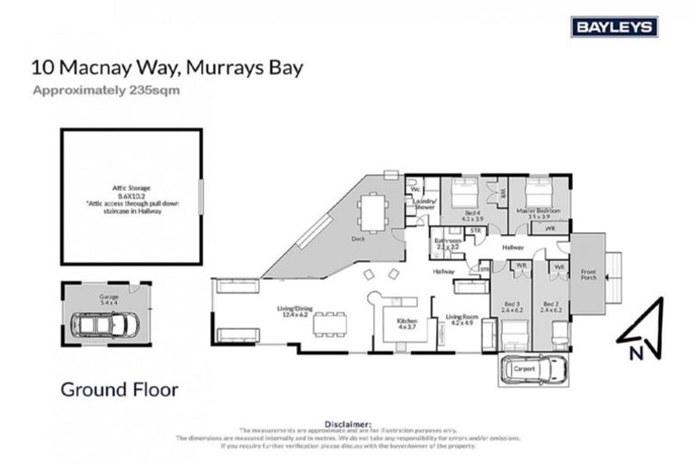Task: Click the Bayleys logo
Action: [614, 27]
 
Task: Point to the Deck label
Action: [358, 239]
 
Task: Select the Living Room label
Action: [461, 317]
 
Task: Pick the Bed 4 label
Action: [471, 214]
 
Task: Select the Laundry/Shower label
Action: [425, 204]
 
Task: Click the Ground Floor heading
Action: [119, 390]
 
